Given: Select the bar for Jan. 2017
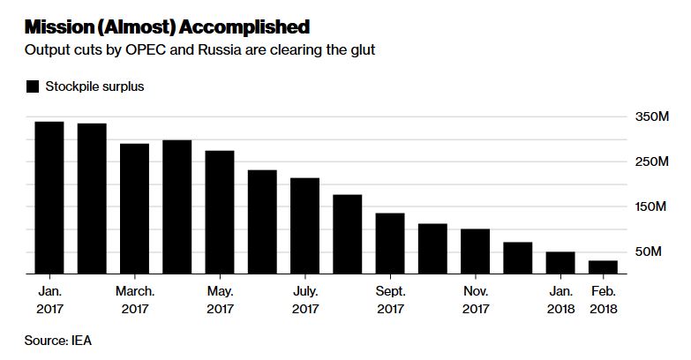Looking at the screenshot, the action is coord(49,198).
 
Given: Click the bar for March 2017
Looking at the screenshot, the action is coord(134,209).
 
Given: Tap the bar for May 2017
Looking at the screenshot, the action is coord(220,213).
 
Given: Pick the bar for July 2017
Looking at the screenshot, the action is coord(304,226).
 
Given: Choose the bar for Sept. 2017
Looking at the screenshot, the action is coord(390,244).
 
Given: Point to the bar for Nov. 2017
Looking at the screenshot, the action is coord(475,251).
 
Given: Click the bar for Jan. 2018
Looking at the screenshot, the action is coord(560,263).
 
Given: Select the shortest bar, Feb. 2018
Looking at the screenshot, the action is coord(603,267).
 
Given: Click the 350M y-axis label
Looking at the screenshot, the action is coord(652,116).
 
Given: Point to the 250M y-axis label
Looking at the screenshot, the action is coord(652,161).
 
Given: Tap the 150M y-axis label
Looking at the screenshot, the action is coord(650,206).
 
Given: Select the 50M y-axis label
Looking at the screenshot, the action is coord(649,251).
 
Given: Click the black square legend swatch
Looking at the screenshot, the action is coord(33,86).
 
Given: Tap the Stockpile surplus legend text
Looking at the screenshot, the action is coord(94,86).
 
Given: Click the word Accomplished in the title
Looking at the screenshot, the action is coord(244,27).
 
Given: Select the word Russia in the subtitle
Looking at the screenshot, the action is coord(220,49).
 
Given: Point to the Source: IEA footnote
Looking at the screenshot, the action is coord(57,341).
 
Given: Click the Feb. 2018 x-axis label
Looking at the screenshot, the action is coord(604,300).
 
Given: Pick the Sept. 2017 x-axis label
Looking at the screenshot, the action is coord(390,300).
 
